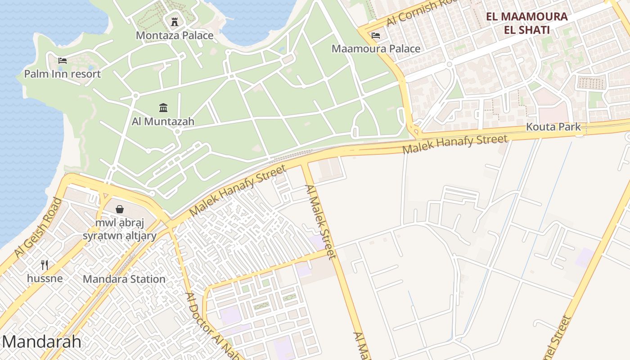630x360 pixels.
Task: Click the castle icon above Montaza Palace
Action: coord(174,21)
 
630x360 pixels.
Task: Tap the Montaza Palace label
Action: coord(175,35)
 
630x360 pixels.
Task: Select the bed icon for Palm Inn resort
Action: coord(63,60)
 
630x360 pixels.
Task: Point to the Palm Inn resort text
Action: coord(63,74)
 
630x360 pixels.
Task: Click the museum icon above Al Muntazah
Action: coord(163,108)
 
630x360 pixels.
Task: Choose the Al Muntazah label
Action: coord(163,121)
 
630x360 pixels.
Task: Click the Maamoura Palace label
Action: coord(376,49)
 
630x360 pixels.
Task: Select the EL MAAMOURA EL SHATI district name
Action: coord(527,23)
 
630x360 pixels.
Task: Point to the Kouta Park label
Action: coord(553,127)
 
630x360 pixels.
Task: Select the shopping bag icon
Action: coord(120,209)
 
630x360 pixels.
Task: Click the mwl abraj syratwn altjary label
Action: coord(120,229)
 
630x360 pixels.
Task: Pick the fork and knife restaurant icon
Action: coord(45,265)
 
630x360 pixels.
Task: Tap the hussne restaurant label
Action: coord(45,279)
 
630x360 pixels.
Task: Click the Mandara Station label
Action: coord(124,279)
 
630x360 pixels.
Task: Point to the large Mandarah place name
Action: coord(41,342)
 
